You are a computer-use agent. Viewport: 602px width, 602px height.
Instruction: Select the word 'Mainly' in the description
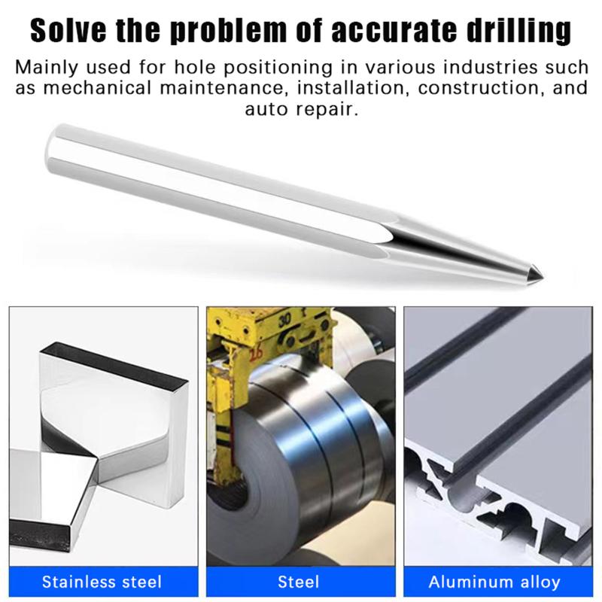(x=47, y=68)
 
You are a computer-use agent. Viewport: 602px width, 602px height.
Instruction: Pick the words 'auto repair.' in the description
(x=302, y=110)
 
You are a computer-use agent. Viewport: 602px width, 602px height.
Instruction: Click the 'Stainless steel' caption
(x=102, y=582)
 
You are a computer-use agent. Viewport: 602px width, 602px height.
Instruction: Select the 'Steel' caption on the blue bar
(x=299, y=582)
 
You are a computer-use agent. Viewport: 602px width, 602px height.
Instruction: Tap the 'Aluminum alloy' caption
(x=494, y=582)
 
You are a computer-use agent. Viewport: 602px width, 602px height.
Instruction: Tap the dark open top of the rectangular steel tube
(x=114, y=363)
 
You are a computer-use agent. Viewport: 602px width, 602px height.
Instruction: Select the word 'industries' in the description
(x=491, y=68)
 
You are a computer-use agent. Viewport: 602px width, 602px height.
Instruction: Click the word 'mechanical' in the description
(x=97, y=88)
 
